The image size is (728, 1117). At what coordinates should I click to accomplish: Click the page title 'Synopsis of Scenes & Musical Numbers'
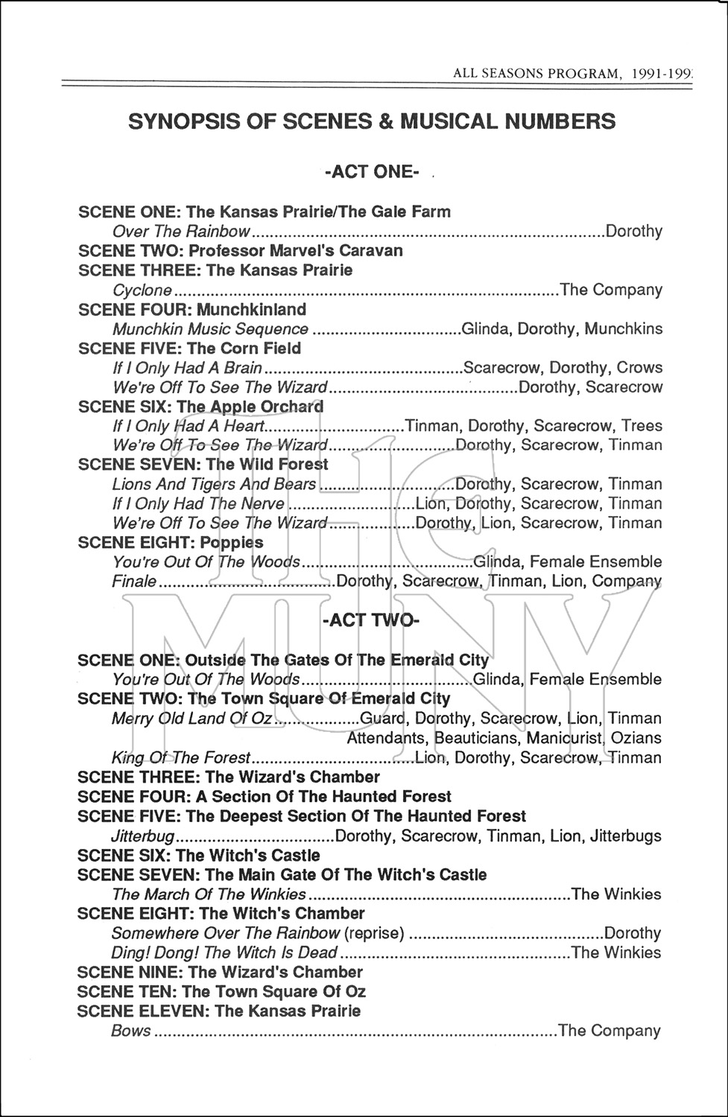coord(372,121)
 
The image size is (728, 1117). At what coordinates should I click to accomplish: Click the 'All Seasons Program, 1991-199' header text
coord(572,74)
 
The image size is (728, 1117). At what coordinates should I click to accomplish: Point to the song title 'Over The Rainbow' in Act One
coord(181,231)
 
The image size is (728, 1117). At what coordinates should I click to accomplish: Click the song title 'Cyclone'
coord(142,290)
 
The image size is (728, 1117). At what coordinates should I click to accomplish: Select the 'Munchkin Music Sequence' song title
coord(210,328)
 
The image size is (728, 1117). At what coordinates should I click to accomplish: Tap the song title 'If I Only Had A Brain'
coord(187,368)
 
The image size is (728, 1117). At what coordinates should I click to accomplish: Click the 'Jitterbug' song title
coord(143,836)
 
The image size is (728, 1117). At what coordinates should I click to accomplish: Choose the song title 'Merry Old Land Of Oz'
coord(192,719)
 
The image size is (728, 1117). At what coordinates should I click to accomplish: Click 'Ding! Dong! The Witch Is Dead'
coord(224,952)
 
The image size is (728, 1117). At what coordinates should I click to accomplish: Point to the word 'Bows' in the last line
coord(131,1031)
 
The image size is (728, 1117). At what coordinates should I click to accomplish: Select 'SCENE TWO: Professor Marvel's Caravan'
coord(240,250)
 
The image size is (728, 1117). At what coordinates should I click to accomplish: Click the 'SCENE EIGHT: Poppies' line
coord(171,542)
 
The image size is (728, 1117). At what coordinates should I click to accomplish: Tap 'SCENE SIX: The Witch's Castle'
coord(199,856)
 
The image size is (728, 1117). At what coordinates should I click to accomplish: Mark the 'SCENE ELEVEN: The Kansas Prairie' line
coord(219,1011)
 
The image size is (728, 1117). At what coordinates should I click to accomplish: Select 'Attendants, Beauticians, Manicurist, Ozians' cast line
coord(504,738)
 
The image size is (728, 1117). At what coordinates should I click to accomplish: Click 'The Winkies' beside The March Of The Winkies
coord(615,894)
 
